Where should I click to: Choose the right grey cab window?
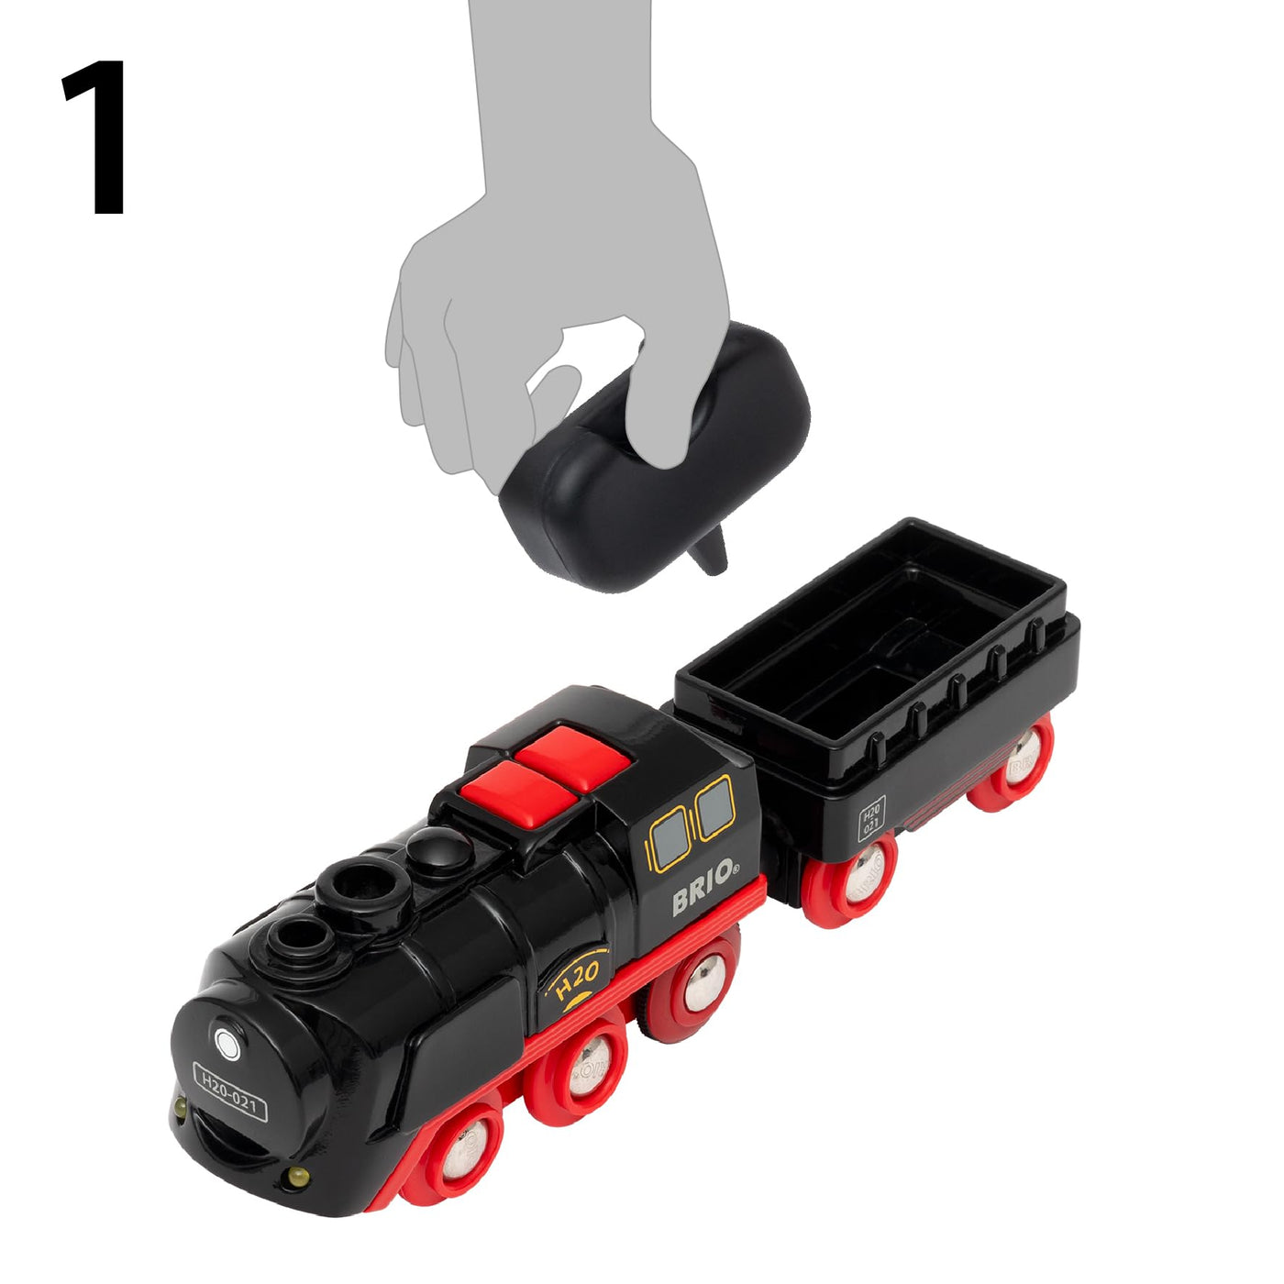click(715, 809)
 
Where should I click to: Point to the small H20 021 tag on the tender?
click(870, 818)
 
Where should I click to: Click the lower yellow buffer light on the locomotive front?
click(295, 1177)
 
